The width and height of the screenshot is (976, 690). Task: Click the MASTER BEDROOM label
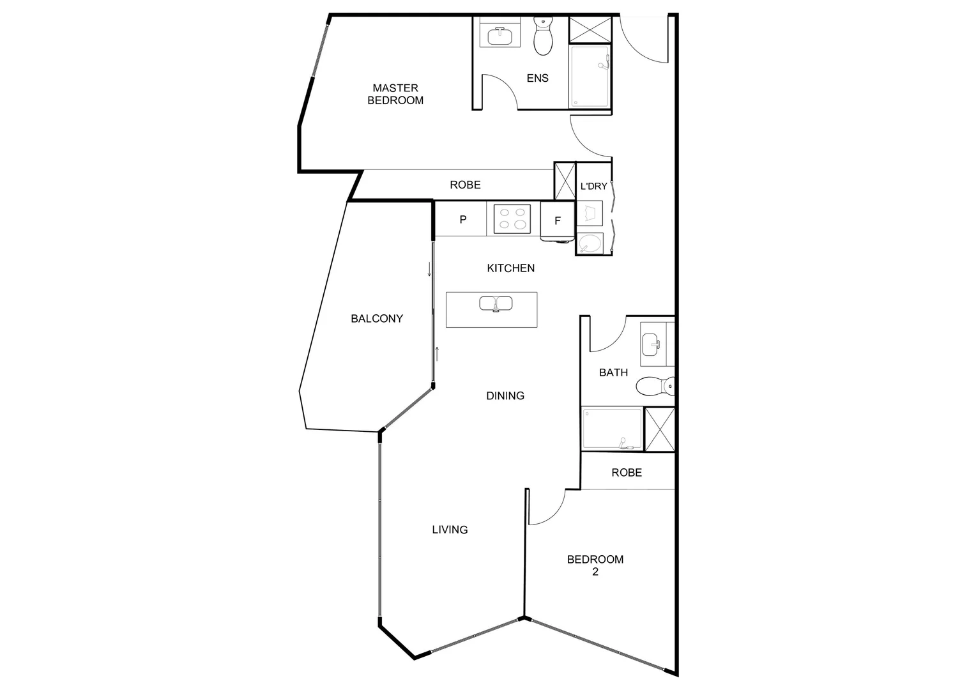[x=395, y=94]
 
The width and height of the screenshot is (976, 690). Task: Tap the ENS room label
[x=537, y=78]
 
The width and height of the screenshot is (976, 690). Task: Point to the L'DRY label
[x=593, y=187]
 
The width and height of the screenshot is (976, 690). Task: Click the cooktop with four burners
[x=512, y=218]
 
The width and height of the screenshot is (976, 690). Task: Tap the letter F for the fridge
[x=558, y=221]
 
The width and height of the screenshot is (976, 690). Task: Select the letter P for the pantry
[x=463, y=220]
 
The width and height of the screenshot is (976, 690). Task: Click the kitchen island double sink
[x=496, y=303]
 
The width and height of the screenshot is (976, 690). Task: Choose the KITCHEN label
[x=510, y=268]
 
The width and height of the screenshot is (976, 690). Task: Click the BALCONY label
[x=377, y=319]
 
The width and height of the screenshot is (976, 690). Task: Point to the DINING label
[x=505, y=396]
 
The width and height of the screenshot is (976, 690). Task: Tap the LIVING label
[x=450, y=530]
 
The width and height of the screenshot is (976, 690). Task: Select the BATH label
[x=613, y=372]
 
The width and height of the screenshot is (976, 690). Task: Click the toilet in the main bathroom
[x=655, y=386]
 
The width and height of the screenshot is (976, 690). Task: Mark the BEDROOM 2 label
[x=595, y=565]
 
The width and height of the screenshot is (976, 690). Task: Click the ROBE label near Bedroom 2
[x=627, y=473]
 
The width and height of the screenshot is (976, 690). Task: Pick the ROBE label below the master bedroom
[x=465, y=185]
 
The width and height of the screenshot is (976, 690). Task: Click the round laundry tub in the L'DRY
[x=590, y=243]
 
